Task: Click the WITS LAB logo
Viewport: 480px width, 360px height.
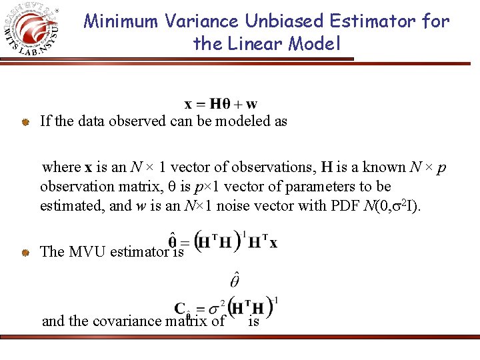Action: point(33,30)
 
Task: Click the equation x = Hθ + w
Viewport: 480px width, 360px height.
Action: point(221,104)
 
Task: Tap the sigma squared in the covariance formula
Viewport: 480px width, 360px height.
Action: point(217,309)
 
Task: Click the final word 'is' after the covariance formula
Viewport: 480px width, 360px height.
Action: point(253,321)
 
